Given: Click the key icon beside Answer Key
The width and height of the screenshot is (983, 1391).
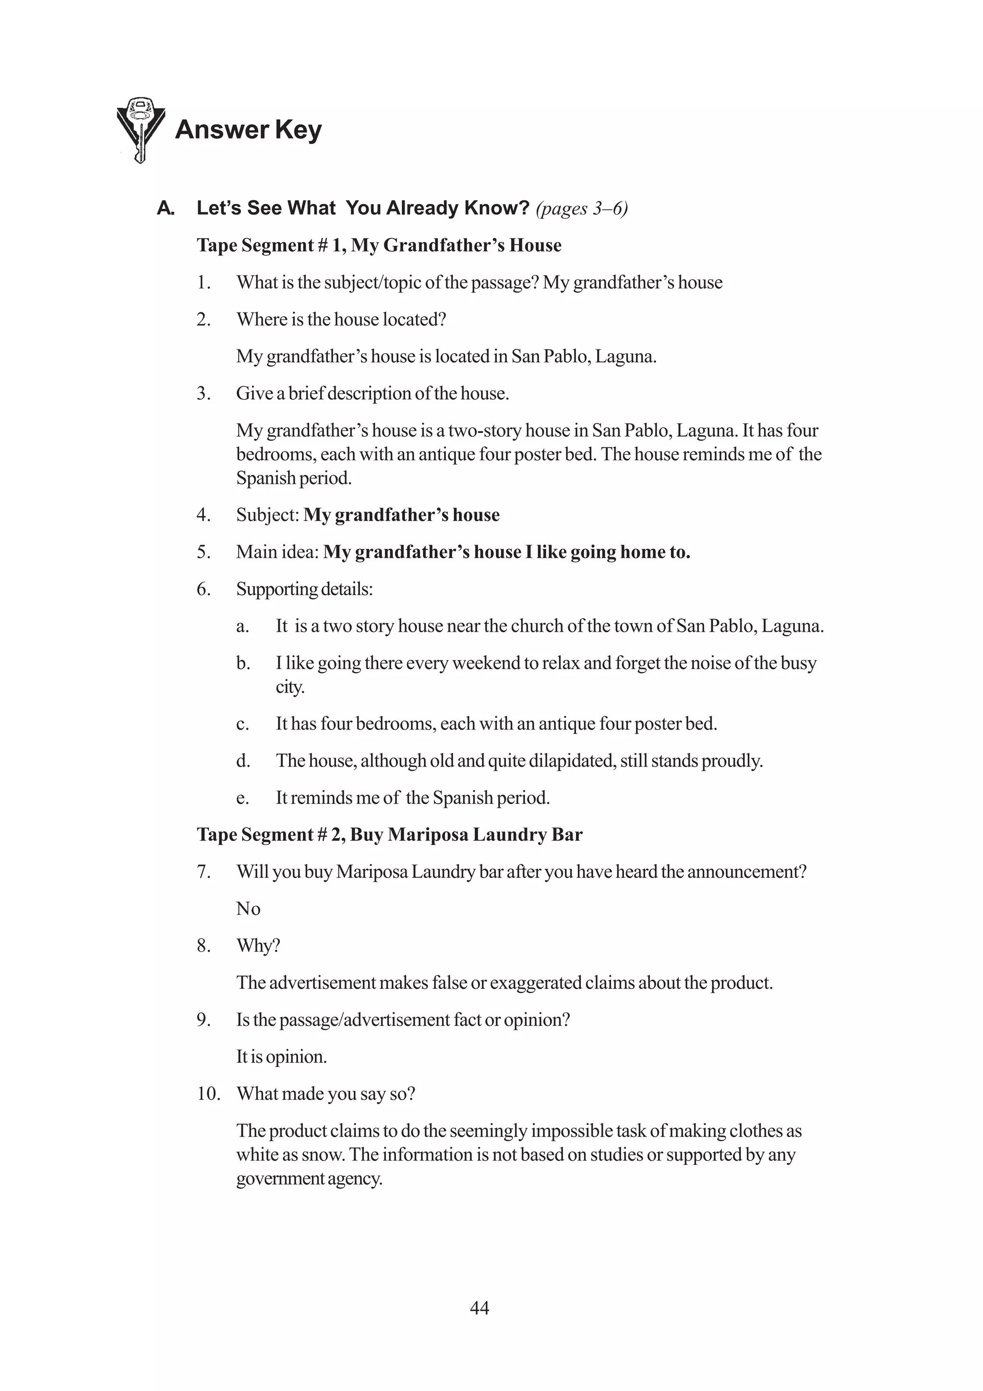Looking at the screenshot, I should pyautogui.click(x=140, y=129).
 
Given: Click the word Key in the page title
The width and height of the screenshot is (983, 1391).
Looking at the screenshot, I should pyautogui.click(x=298, y=130).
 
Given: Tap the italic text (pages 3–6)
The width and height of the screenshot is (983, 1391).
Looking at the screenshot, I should pyautogui.click(x=581, y=208).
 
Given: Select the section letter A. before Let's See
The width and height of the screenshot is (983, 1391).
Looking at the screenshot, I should pyautogui.click(x=165, y=208).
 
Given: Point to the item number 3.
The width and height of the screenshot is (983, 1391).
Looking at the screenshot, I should pyautogui.click(x=204, y=393).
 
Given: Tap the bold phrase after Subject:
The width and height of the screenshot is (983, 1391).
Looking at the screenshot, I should pyautogui.click(x=401, y=515).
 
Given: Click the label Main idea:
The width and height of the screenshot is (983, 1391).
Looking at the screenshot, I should pyautogui.click(x=277, y=552).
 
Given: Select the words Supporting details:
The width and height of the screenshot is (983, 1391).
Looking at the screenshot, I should pyautogui.click(x=304, y=589).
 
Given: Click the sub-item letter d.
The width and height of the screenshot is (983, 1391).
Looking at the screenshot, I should pyautogui.click(x=243, y=761).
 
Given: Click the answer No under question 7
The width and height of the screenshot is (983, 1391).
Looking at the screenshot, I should pyautogui.click(x=248, y=909).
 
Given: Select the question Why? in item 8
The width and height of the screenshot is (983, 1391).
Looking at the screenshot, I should pyautogui.click(x=258, y=946).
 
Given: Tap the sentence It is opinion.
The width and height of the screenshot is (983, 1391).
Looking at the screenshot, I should pyautogui.click(x=281, y=1056).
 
